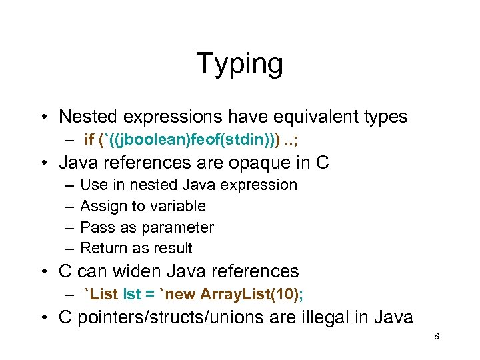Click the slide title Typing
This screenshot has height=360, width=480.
tap(239, 64)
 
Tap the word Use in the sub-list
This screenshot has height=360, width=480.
tap(93, 185)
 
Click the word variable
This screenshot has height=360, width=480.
tap(178, 206)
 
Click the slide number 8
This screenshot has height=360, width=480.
tap(436, 337)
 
